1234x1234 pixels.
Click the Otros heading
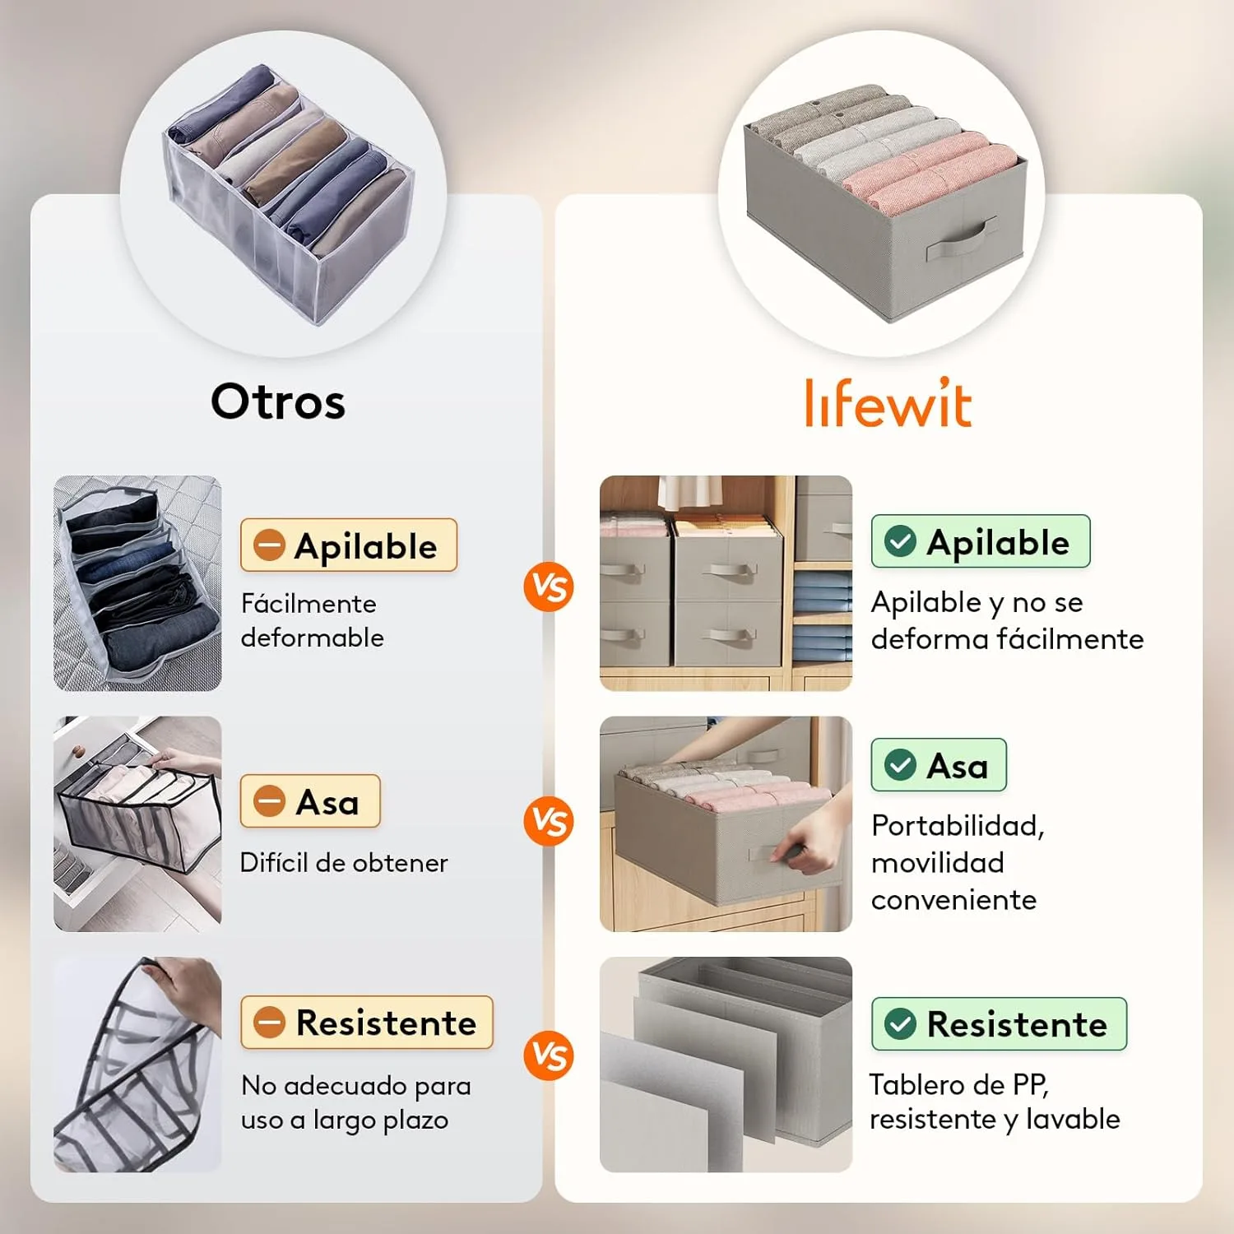tap(278, 401)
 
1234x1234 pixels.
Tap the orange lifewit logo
tap(888, 403)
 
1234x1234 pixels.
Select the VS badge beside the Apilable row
tap(549, 587)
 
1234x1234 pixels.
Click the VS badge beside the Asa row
tap(549, 821)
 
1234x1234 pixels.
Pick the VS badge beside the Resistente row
tap(549, 1056)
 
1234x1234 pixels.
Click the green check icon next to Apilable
tap(900, 541)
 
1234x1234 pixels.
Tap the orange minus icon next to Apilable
tap(269, 545)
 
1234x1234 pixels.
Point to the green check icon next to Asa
tap(900, 765)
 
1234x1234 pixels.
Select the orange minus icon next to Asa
tap(269, 801)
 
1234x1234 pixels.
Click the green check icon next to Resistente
tap(900, 1024)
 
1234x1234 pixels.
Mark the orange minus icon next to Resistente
tap(269, 1023)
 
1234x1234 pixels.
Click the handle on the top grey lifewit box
tap(961, 239)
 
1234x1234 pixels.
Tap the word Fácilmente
tap(308, 604)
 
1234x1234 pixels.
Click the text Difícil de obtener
tap(344, 862)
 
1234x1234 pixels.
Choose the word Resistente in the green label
tap(1017, 1024)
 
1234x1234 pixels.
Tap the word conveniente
tap(953, 900)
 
